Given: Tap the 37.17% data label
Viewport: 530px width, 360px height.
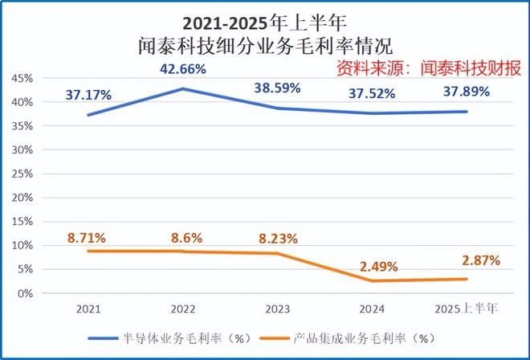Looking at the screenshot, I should tap(88, 96).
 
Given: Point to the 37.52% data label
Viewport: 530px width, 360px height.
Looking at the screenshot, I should tap(372, 94).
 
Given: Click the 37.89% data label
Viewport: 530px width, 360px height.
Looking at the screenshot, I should tap(466, 92).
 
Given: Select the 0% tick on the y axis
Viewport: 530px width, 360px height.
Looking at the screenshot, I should tap(25, 293).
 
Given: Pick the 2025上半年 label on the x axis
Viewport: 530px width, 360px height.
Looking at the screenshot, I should tap(466, 309).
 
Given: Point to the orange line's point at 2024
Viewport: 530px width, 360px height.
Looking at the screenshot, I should tap(371, 280).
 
